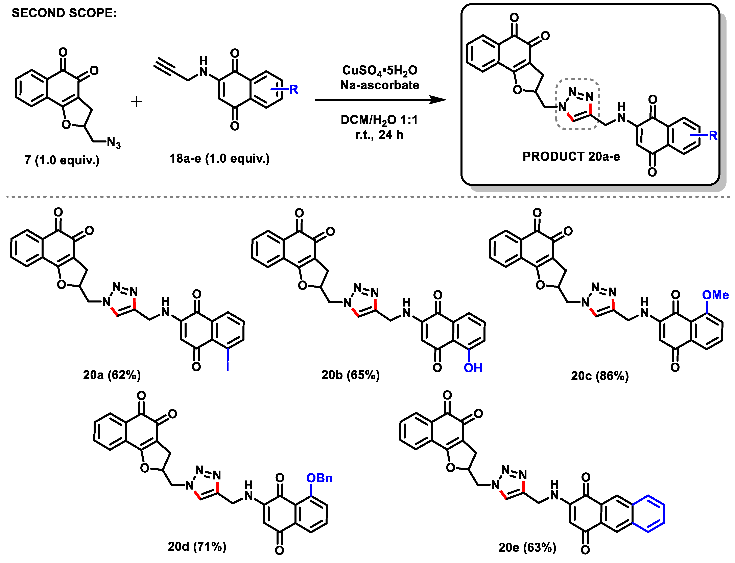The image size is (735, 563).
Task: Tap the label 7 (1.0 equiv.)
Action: click(x=62, y=160)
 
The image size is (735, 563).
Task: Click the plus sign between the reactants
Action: click(x=136, y=102)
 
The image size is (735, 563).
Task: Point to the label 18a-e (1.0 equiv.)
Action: click(x=219, y=158)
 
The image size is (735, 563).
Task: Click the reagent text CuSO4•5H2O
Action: click(x=380, y=71)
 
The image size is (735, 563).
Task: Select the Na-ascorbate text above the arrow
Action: click(x=380, y=85)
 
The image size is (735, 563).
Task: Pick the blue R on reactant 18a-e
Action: click(x=293, y=89)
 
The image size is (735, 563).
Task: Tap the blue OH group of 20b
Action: click(x=473, y=368)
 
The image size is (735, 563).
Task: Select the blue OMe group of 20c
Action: click(x=715, y=295)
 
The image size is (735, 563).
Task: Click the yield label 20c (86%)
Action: click(x=600, y=376)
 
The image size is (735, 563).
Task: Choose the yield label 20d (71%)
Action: click(x=197, y=547)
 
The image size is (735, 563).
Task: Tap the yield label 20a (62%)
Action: click(x=112, y=375)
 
